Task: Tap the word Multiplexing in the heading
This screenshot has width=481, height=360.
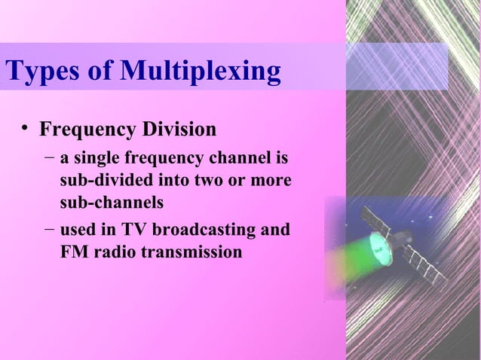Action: point(200,72)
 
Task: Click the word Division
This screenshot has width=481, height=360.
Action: point(181,130)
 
